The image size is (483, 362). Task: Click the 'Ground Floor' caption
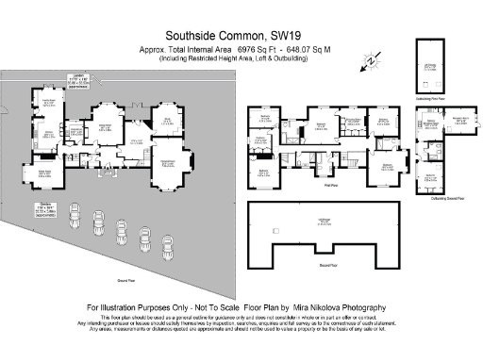(x=123, y=281)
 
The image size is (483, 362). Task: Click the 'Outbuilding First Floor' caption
(x=433, y=96)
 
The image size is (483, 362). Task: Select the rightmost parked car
(x=167, y=253)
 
